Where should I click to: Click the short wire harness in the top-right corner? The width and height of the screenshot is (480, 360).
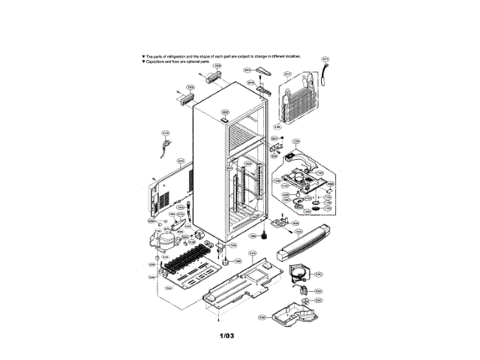[325, 69]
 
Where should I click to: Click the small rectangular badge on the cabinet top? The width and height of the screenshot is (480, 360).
[224, 118]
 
